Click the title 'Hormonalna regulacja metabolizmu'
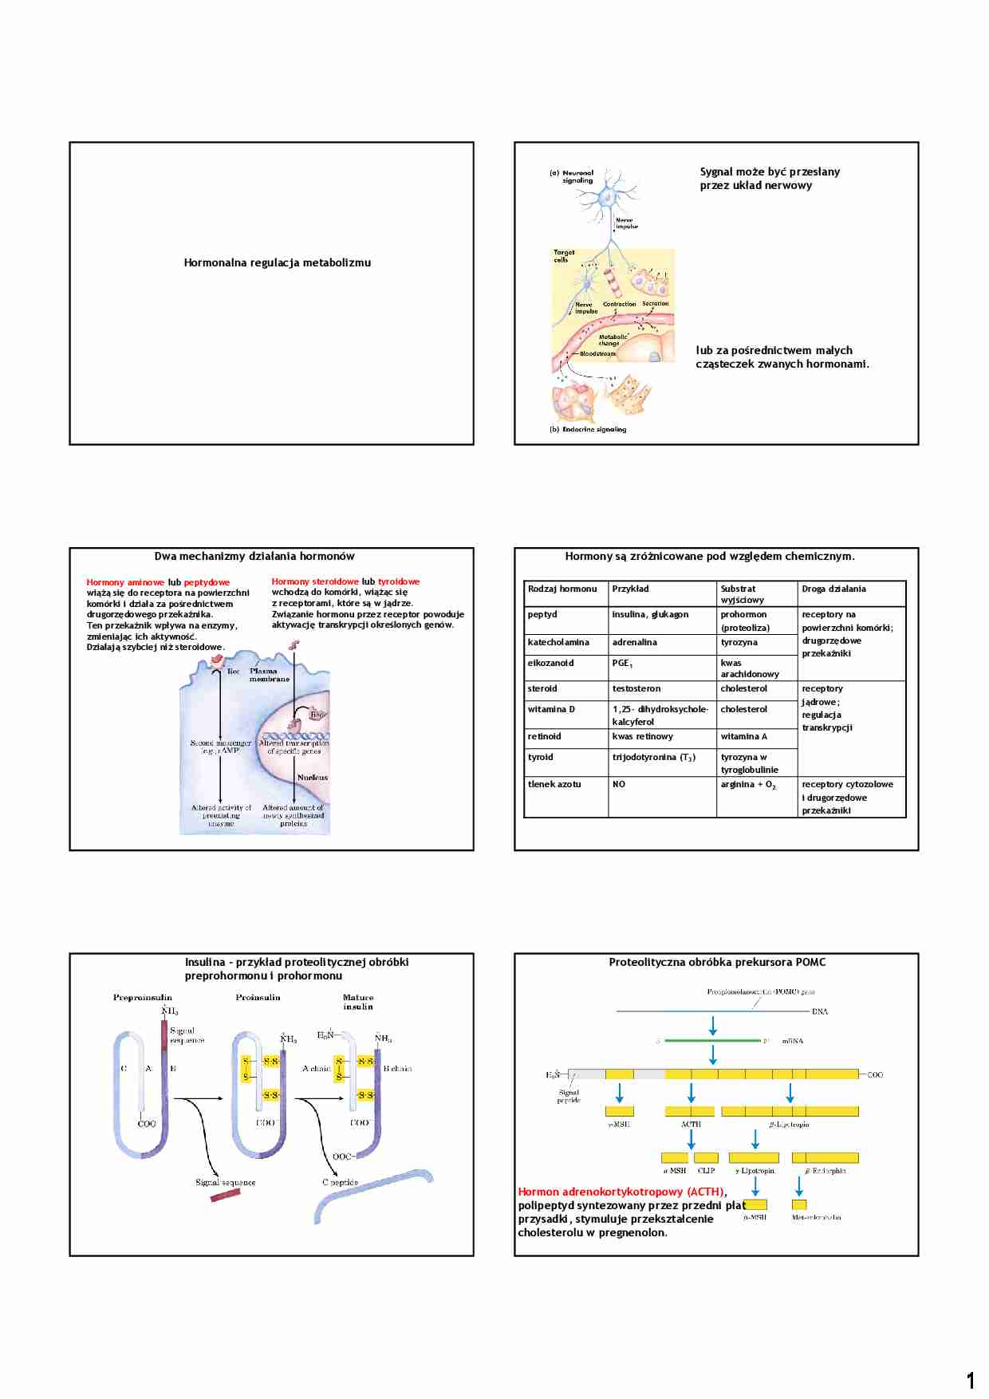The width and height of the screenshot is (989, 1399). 277,262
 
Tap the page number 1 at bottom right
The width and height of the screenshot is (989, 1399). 970,1380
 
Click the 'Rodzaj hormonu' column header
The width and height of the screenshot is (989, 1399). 562,589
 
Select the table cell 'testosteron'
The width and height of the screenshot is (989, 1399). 636,688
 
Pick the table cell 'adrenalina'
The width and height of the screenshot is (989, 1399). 635,642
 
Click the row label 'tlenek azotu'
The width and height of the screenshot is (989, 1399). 554,784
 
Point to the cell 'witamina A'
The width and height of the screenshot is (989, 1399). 743,736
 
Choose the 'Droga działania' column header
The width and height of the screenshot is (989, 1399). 833,589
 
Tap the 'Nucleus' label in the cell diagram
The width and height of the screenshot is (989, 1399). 313,777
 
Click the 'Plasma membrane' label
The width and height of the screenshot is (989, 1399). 270,675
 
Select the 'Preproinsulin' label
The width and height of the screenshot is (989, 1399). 142,997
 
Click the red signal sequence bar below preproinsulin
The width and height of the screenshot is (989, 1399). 226,1195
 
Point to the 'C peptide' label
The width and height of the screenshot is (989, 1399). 340,1182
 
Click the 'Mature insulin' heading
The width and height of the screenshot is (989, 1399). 358,1002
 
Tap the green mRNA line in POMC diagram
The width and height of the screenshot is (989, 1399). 711,1040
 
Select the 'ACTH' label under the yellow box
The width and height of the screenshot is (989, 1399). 691,1124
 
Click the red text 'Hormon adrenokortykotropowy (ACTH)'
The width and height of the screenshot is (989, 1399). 622,1192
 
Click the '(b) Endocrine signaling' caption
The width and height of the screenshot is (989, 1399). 588,429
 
